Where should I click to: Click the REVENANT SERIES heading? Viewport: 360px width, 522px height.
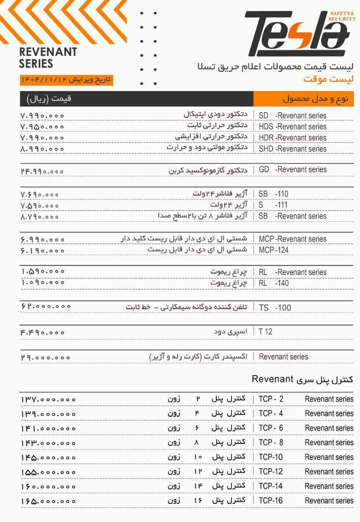click(x=48, y=57)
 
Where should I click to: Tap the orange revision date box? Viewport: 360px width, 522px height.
click(x=66, y=80)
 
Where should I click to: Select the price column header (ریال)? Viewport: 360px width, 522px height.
click(x=49, y=99)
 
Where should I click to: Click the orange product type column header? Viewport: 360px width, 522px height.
click(x=303, y=99)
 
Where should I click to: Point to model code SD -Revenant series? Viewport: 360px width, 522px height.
click(x=292, y=115)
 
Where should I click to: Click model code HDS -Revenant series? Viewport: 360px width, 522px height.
click(x=292, y=127)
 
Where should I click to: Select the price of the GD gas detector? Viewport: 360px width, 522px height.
click(x=42, y=171)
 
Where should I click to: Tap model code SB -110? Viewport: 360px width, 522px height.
click(x=273, y=194)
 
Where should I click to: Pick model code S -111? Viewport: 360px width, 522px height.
click(x=273, y=205)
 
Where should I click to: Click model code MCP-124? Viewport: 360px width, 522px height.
click(x=273, y=250)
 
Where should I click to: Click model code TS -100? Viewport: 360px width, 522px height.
click(x=275, y=308)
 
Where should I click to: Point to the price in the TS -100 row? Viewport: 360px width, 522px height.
click(x=46, y=307)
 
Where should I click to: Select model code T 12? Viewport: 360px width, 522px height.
click(x=266, y=332)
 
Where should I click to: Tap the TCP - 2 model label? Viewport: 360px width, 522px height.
click(x=271, y=399)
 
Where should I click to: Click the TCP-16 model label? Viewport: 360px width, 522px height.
click(x=271, y=500)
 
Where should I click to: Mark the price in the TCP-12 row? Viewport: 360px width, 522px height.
click(x=48, y=472)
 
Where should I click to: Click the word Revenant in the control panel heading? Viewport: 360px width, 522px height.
click(x=272, y=379)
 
